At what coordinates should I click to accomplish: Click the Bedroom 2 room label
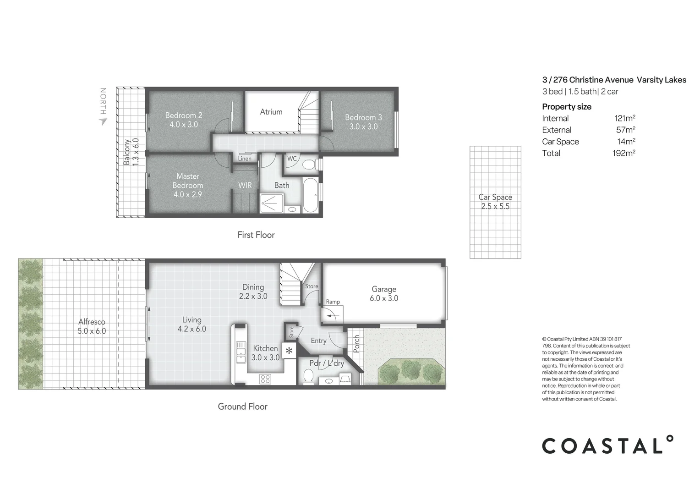point(184,120)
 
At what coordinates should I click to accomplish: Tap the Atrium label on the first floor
point(271,111)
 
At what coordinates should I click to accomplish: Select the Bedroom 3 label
point(363,122)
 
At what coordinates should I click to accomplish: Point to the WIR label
point(245,185)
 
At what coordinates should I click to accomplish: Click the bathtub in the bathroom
point(309,195)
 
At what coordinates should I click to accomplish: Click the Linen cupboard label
point(245,159)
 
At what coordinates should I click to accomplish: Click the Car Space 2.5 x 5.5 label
point(495,202)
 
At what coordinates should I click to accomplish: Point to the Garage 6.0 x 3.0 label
point(384,293)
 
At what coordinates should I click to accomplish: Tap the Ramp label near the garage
point(333,302)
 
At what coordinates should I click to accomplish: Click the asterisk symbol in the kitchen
point(289,352)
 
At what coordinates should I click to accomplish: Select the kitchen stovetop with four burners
point(265,379)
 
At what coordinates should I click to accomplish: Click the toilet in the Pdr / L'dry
point(308,378)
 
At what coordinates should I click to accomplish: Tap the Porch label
point(356,344)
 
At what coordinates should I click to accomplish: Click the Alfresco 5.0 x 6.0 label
point(92,326)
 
